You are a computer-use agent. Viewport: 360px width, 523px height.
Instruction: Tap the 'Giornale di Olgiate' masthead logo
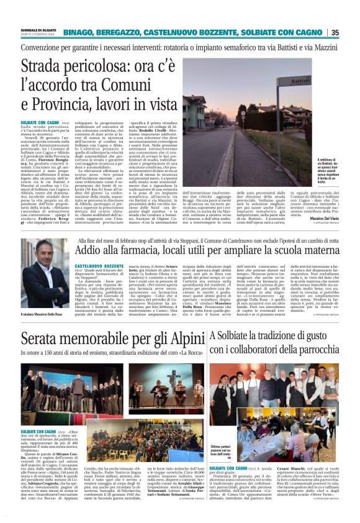[x=38, y=29]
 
